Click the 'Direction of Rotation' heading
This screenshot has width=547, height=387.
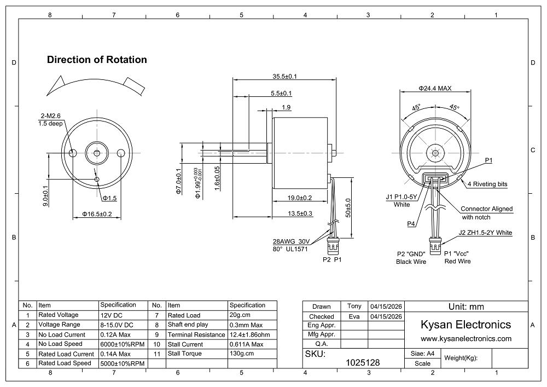97,60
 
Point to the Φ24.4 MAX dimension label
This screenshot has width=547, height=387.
435,88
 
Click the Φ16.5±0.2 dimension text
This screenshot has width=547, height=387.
97,214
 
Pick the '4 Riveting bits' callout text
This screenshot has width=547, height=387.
487,184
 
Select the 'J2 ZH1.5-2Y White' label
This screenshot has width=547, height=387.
485,233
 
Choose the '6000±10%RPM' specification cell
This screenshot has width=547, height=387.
123,344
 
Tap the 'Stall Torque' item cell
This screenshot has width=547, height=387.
184,354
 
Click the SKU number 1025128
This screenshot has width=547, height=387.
363,362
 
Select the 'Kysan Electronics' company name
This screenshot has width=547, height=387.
465,325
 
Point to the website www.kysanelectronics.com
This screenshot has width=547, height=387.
465,339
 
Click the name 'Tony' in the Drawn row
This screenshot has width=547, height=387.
354,307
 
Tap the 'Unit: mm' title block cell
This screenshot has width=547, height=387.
466,307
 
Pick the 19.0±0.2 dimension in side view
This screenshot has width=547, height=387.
300,198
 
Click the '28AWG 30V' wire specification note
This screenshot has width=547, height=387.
292,241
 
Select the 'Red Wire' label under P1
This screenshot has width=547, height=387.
457,261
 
